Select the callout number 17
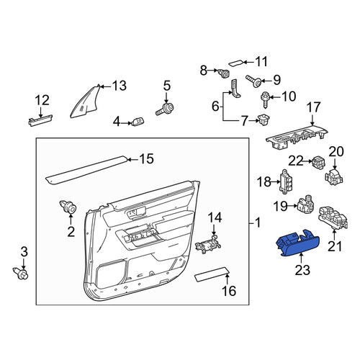coord(314,107)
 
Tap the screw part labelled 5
coord(165,109)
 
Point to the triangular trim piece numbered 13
coord(85,102)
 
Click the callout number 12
coord(42,100)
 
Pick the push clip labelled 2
coord(68,207)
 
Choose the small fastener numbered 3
coord(21,273)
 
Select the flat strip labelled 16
coord(212,274)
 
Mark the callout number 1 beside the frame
coord(258,223)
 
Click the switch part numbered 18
coord(287,181)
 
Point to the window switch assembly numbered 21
coord(333,217)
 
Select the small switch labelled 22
coord(319,162)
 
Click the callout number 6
coord(215,106)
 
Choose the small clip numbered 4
coord(138,122)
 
